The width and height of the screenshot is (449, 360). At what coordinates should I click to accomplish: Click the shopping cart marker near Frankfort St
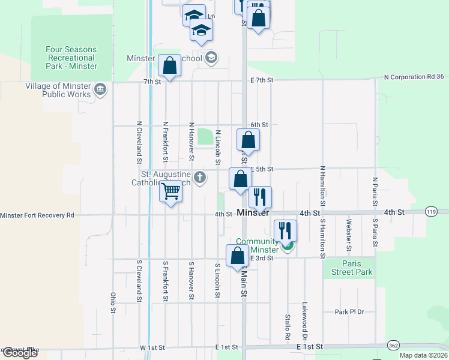click(171, 192)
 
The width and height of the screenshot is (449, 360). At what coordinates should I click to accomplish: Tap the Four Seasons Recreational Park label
click(71, 58)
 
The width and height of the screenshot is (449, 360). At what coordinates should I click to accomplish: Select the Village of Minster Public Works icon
click(100, 90)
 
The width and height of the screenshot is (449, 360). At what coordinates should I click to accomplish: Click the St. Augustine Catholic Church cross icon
click(200, 178)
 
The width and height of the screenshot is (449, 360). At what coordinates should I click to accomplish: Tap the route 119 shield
click(430, 211)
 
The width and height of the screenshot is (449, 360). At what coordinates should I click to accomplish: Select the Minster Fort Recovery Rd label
click(37, 215)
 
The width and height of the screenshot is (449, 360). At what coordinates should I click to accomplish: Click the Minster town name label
click(253, 213)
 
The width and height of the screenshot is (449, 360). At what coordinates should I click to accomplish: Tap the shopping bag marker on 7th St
click(170, 65)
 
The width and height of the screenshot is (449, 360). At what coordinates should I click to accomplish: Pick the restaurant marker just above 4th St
click(260, 196)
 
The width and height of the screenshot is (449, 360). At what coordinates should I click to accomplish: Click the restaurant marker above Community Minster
click(286, 230)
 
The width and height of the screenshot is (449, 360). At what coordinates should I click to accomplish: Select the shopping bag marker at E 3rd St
click(237, 255)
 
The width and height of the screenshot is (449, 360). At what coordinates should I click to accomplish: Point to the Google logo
click(19, 353)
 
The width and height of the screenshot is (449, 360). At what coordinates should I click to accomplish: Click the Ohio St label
click(113, 303)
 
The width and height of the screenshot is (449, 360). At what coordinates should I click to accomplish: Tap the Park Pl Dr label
click(350, 311)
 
